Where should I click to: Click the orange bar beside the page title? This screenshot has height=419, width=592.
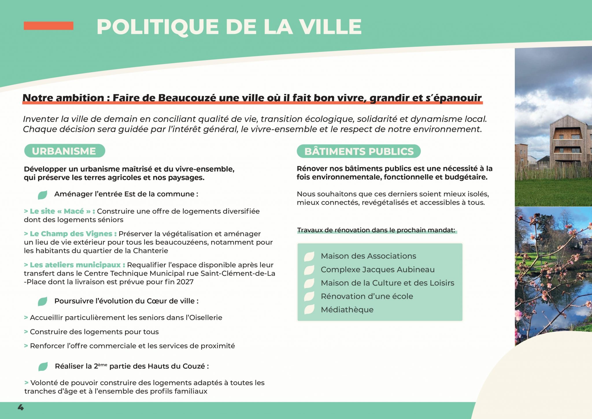coord(48,26)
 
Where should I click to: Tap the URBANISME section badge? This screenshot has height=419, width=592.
coord(64,151)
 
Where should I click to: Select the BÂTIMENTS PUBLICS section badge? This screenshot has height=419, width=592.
coord(359,151)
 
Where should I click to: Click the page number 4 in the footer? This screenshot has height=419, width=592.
coord(21,407)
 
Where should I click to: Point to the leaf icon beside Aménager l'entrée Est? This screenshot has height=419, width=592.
coord(42,195)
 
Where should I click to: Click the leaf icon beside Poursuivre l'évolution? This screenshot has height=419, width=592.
coord(42,302)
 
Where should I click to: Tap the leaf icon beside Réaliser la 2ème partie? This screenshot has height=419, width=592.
coord(43,367)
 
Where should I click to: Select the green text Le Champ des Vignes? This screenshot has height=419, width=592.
coord(71,234)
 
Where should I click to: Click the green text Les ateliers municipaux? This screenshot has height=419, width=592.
coord(75,265)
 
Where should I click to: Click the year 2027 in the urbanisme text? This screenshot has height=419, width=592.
coord(185,282)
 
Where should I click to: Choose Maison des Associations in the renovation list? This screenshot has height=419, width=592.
coord(368,256)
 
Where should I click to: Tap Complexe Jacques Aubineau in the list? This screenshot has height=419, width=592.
coord(378,270)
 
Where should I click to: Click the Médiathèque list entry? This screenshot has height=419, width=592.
coord(347,310)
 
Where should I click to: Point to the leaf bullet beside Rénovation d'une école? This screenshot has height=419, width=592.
coord(309,296)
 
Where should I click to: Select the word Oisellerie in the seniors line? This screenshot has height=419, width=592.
coord(206,318)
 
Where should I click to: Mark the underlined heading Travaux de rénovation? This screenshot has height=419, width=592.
coord(376,230)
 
